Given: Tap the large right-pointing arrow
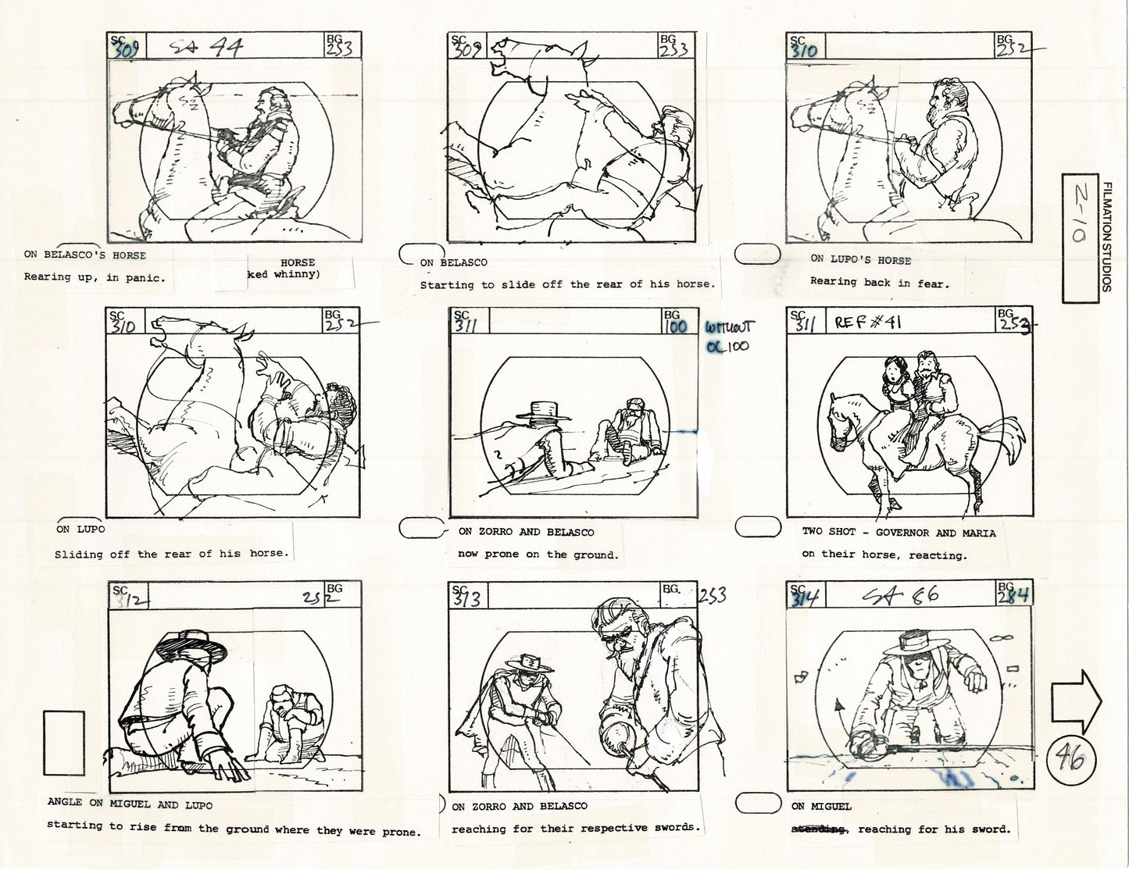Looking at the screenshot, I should pyautogui.click(x=1076, y=701).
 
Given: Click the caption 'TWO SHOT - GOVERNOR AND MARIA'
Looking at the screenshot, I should pyautogui.click(x=898, y=533).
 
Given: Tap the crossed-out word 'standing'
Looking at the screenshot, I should pyautogui.click(x=819, y=829).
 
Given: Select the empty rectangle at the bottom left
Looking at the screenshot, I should pyautogui.click(x=64, y=742).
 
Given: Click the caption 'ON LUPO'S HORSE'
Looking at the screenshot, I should pyautogui.click(x=859, y=260).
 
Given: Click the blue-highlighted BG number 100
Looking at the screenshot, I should pyautogui.click(x=676, y=326).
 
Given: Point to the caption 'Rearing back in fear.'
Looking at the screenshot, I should pyautogui.click(x=879, y=283).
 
